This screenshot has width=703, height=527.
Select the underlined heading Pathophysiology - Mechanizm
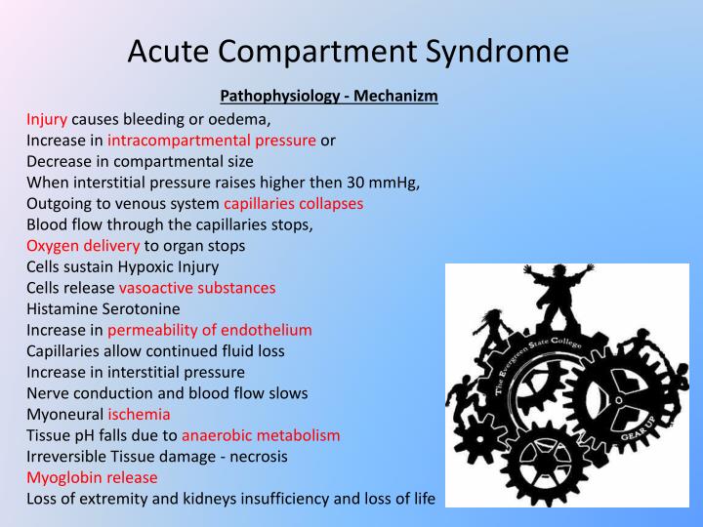click(x=329, y=96)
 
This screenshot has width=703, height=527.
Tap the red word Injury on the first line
click(x=47, y=120)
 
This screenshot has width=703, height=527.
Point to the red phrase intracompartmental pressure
click(x=212, y=141)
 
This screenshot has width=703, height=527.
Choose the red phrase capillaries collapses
click(x=294, y=204)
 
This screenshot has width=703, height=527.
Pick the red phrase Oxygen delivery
click(x=83, y=245)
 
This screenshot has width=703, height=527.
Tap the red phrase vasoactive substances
click(x=197, y=288)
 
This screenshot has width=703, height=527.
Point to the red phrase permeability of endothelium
click(x=210, y=330)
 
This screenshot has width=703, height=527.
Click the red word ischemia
click(x=139, y=414)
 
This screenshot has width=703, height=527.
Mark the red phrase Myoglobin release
click(x=92, y=477)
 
